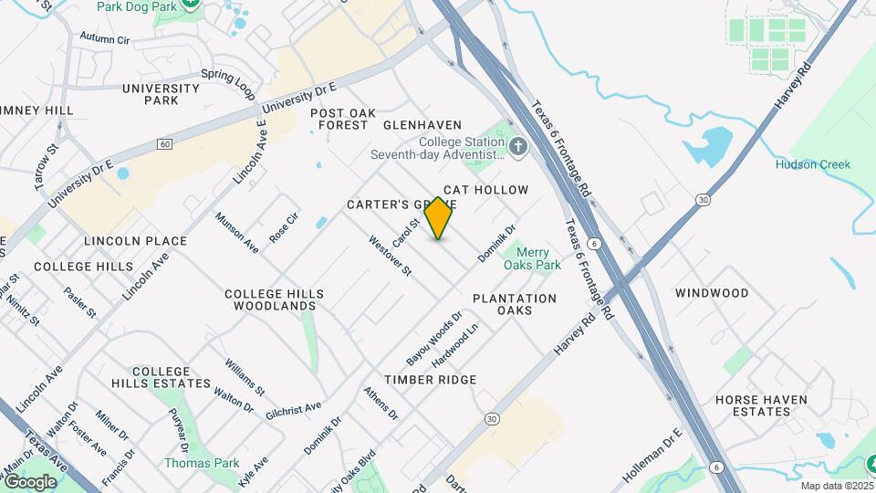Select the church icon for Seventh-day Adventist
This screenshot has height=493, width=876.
click(x=518, y=147)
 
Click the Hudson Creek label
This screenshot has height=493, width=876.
click(x=812, y=164)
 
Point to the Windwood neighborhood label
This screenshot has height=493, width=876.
click(x=712, y=293)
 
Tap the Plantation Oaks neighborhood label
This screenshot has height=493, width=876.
click(x=515, y=304)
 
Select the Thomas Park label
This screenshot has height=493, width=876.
click(x=201, y=463)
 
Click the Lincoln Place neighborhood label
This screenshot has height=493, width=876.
click(x=135, y=241)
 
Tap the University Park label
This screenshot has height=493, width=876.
click(x=162, y=94)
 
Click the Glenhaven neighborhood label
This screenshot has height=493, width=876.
click(x=422, y=124)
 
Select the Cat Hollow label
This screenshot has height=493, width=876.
click(x=485, y=190)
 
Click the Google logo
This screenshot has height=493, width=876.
click(x=30, y=481)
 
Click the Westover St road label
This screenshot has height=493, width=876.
click(x=391, y=257)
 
